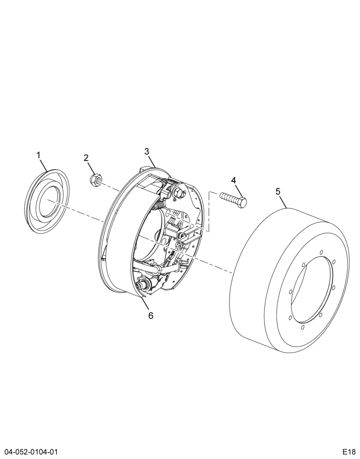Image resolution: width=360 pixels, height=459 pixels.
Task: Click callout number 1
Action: pyautogui.click(x=39, y=155)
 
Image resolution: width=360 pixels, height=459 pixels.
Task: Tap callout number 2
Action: pyautogui.click(x=86, y=158)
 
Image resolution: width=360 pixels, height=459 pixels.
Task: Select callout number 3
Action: pyautogui.click(x=147, y=151)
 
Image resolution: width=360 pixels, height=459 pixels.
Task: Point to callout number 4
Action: pyautogui.click(x=233, y=180)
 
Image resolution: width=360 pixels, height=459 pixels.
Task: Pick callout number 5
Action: pyautogui.click(x=278, y=191)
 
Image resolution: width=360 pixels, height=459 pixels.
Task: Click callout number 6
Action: pyautogui.click(x=151, y=316)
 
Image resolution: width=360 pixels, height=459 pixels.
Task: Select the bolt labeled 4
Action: pyautogui.click(x=233, y=200)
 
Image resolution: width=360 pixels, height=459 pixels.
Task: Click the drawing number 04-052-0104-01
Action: pyautogui.click(x=28, y=451)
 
